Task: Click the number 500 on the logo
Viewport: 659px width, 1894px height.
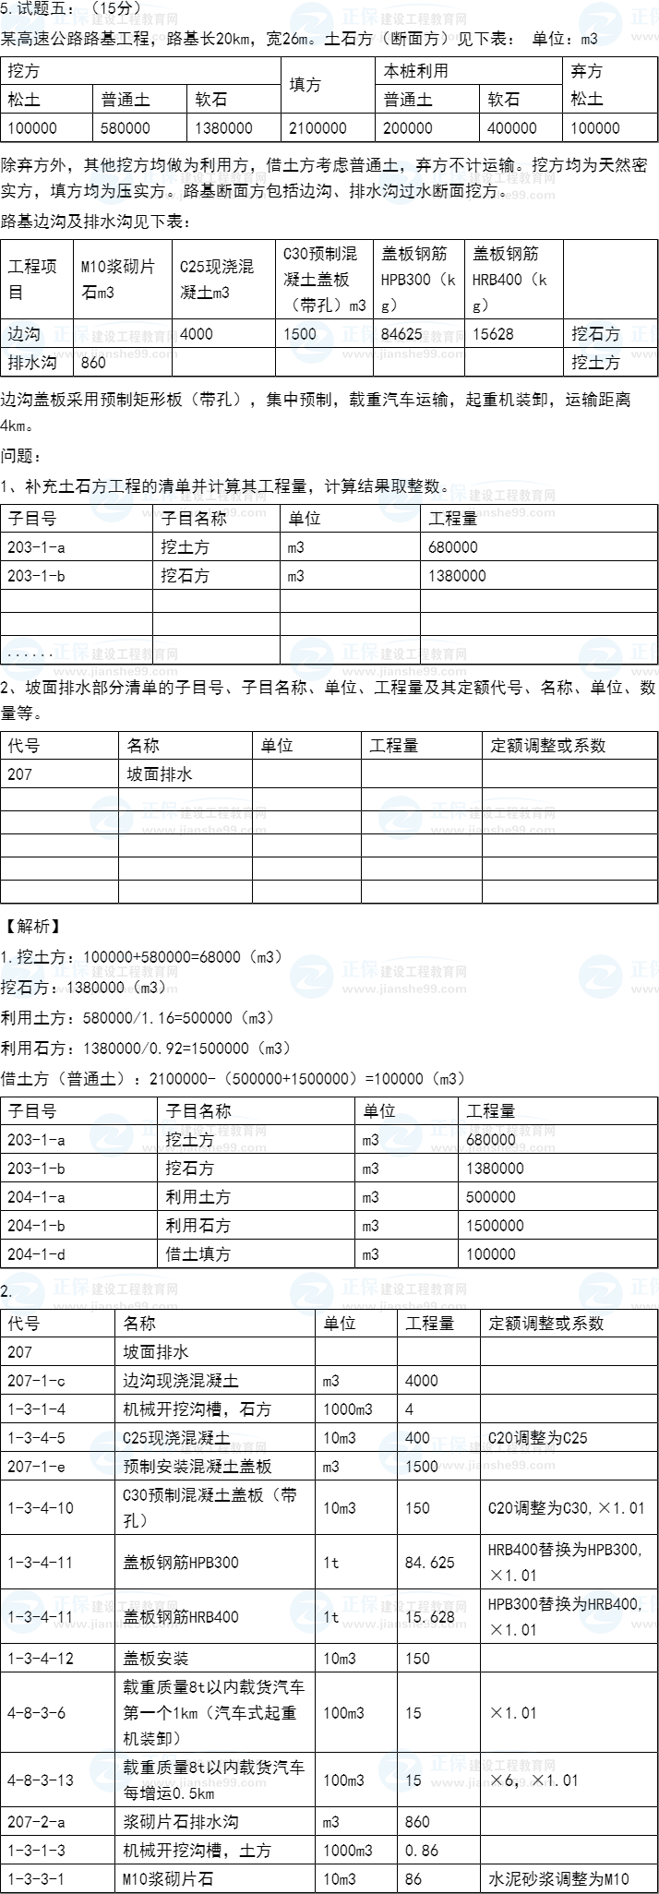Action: (304, 334)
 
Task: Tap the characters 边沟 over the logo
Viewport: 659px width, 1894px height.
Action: (22, 334)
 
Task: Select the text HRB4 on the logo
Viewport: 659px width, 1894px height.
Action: (603, 1604)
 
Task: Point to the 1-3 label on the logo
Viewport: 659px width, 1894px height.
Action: (20, 1616)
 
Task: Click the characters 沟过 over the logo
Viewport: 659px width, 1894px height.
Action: (399, 191)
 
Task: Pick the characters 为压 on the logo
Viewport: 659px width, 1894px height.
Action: (112, 191)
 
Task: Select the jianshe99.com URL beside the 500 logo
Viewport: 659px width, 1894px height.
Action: (404, 354)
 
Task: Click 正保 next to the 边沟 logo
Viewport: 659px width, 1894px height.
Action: (70, 334)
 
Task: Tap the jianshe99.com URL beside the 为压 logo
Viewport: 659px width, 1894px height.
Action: (204, 196)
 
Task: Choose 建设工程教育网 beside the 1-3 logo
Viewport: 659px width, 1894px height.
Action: (134, 1607)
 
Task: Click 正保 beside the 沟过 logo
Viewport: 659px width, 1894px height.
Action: (448, 175)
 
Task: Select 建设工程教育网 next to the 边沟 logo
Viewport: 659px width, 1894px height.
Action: (134, 337)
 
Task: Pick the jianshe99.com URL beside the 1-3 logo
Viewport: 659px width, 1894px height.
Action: (115, 1624)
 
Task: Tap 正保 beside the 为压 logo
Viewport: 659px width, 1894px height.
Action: (159, 175)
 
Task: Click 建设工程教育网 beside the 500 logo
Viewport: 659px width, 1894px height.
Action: (423, 337)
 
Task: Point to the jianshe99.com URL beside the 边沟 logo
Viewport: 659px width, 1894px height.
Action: (115, 354)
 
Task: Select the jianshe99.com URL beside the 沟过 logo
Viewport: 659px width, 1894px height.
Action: (493, 196)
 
